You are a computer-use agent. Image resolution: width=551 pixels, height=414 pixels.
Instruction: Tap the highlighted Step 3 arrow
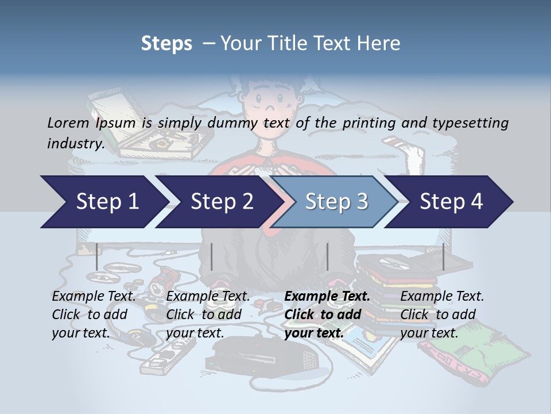336,202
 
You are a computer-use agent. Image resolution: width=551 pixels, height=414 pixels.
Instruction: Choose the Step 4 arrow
451,202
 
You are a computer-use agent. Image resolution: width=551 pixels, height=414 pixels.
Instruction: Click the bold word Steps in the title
166,43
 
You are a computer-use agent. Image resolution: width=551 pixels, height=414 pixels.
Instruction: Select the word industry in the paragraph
75,143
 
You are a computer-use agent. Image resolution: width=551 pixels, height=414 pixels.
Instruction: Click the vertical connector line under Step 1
97,256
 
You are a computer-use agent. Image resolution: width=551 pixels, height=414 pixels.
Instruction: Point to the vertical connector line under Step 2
212,256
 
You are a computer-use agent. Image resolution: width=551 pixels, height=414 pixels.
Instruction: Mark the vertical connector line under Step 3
328,256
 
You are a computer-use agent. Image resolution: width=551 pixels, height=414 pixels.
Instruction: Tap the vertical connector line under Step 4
444,256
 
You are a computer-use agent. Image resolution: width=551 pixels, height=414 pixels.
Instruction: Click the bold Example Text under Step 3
327,297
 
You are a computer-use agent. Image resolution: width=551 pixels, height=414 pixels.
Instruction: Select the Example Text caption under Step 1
94,297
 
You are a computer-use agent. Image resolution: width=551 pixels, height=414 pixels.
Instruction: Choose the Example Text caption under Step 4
442,297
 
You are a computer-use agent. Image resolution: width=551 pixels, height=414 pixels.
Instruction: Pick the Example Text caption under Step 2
208,297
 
